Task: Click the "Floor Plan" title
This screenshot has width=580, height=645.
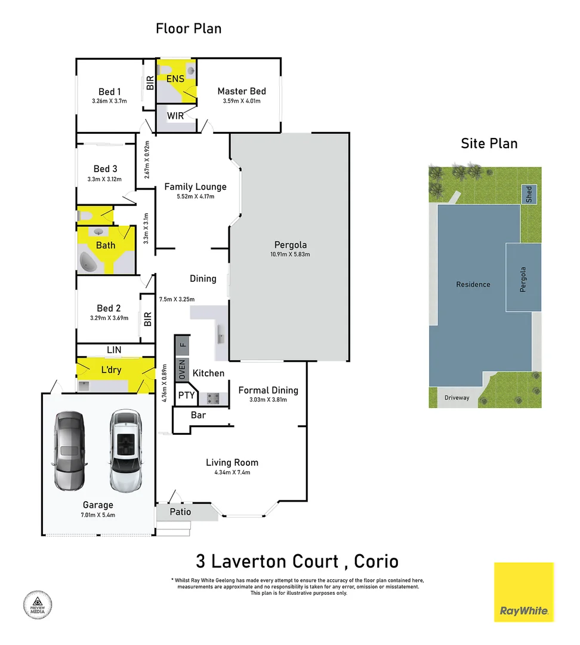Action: coord(189,28)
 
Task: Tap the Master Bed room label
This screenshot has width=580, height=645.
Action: coord(241,91)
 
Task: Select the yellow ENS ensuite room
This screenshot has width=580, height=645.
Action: coord(175,78)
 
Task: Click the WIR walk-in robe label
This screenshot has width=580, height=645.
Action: coord(175,116)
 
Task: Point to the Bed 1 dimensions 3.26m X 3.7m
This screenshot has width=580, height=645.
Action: coord(110,102)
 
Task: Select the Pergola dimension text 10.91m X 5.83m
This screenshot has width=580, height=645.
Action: coord(290,254)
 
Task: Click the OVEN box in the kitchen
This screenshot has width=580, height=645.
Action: coord(183,369)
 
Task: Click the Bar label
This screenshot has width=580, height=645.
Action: coord(198,414)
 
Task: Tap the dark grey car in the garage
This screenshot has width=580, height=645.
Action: coord(69,450)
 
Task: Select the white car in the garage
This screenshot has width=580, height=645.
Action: coord(126,450)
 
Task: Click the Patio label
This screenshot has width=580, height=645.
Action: coord(180,512)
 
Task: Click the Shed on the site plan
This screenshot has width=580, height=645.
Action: coord(528,194)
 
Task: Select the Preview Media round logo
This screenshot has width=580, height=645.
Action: coord(37,604)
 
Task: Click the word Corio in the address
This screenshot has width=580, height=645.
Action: coord(376,561)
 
